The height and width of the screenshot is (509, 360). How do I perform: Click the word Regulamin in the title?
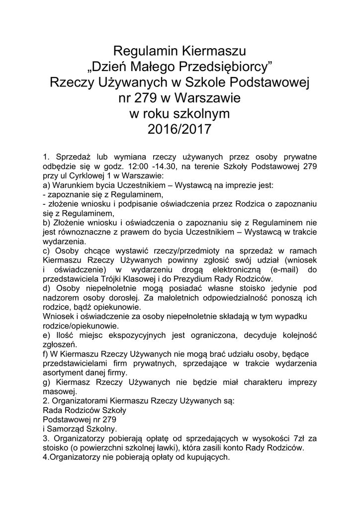coord(144,51)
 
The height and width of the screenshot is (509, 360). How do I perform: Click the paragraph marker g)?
coord(48,382)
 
